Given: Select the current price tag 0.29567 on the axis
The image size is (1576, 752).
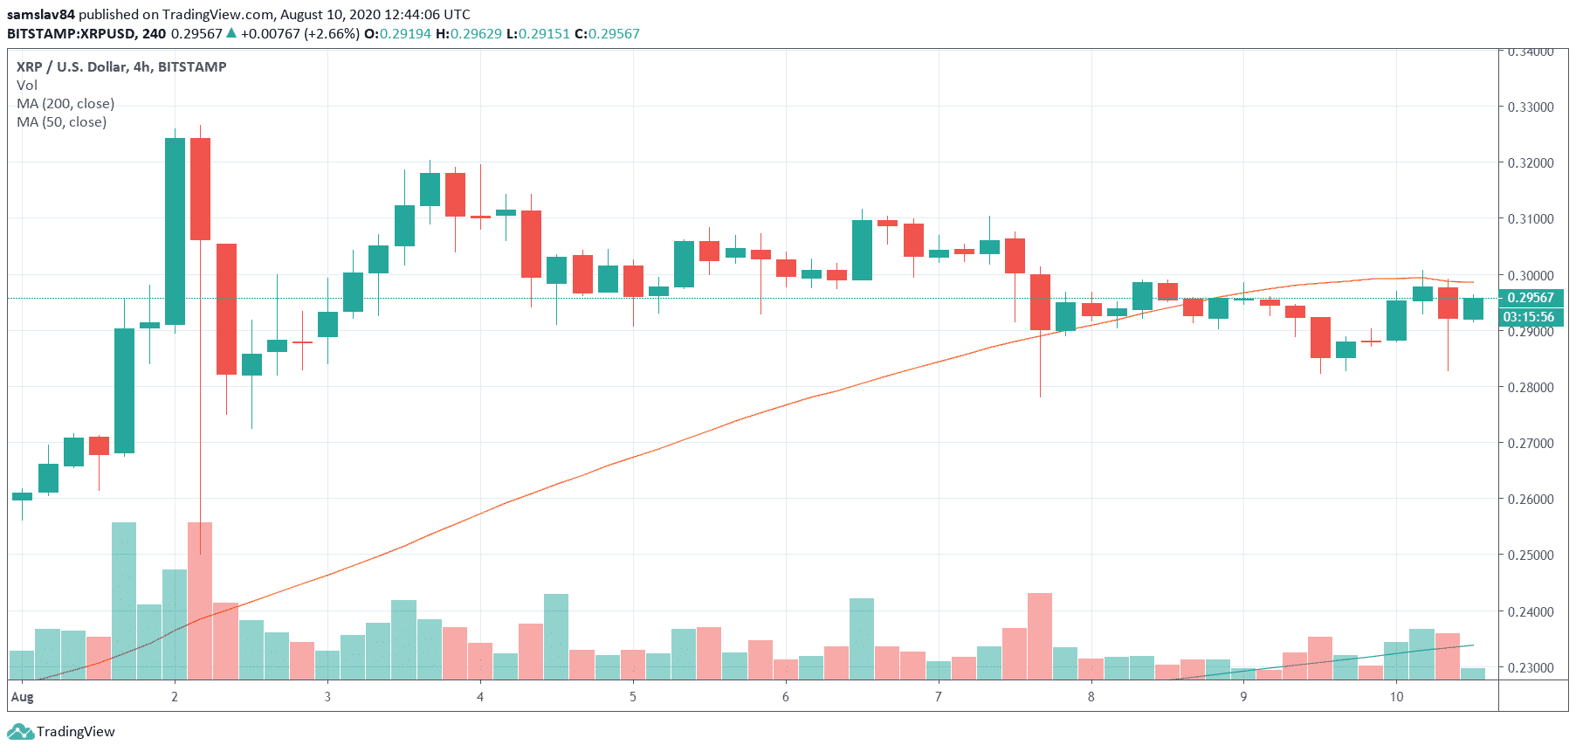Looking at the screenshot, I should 1531,298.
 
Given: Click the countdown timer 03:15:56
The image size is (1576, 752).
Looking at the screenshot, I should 1529,317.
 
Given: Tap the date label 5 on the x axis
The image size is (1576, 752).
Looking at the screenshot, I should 633,697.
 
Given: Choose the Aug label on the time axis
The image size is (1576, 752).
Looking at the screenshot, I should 22,697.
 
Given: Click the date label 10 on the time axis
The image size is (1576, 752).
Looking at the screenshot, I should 1396,697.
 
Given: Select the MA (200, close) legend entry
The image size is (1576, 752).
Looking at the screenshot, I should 65,104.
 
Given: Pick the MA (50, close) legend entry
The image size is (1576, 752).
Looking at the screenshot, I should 62,122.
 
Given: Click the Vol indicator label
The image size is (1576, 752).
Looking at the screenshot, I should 27,86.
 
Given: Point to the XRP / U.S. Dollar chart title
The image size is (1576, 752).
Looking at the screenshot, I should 121,67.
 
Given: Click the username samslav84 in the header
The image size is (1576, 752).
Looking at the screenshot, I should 41,15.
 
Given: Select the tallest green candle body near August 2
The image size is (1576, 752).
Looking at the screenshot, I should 175,231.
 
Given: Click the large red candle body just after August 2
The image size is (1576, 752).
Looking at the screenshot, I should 200,189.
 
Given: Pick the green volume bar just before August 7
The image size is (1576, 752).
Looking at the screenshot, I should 862,638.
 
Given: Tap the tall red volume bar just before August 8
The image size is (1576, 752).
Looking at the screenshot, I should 1040,636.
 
